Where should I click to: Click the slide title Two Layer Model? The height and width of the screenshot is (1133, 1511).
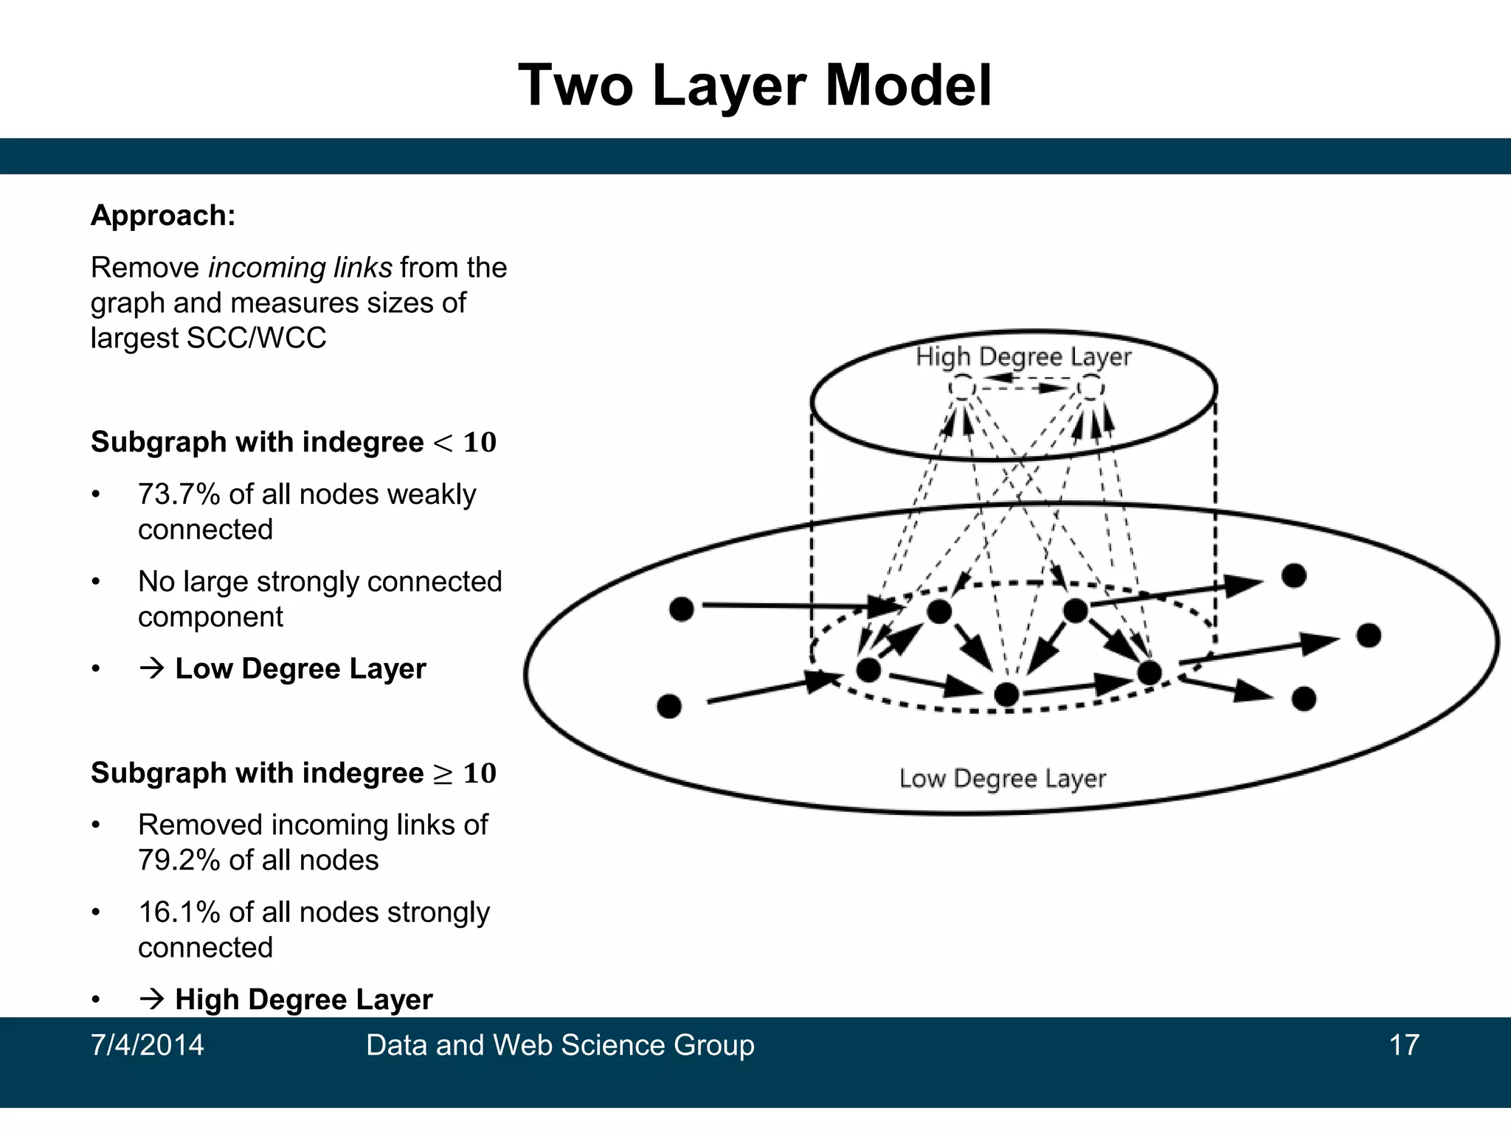tap(755, 86)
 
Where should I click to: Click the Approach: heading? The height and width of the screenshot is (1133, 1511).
tap(163, 215)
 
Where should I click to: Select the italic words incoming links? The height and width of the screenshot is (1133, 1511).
tap(300, 267)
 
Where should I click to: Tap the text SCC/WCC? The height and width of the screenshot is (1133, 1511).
tap(256, 338)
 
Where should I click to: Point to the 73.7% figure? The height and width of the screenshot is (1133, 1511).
tap(179, 494)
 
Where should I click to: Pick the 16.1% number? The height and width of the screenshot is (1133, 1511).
tap(179, 912)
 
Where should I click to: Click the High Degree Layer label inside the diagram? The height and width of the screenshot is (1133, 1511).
tap(1023, 357)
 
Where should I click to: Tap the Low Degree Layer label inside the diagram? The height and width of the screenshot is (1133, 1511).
tap(1002, 778)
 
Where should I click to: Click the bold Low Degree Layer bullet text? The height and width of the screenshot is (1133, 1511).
tap(300, 668)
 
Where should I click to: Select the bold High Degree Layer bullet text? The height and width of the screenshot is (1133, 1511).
tap(303, 999)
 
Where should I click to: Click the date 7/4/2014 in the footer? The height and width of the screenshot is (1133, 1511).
tap(147, 1045)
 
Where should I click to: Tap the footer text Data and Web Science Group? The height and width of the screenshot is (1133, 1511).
tap(560, 1045)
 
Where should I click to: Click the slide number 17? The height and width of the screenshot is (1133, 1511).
tap(1403, 1045)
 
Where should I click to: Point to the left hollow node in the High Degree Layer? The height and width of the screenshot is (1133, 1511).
tap(961, 387)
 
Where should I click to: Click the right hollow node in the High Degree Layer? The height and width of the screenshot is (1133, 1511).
tap(1090, 387)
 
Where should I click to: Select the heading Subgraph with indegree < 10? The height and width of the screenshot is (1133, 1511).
tap(293, 442)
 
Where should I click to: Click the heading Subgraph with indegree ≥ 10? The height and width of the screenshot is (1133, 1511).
tap(293, 773)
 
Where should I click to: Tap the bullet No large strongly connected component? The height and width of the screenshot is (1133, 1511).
tap(319, 599)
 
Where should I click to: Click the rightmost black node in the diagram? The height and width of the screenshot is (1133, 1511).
tap(1369, 635)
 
